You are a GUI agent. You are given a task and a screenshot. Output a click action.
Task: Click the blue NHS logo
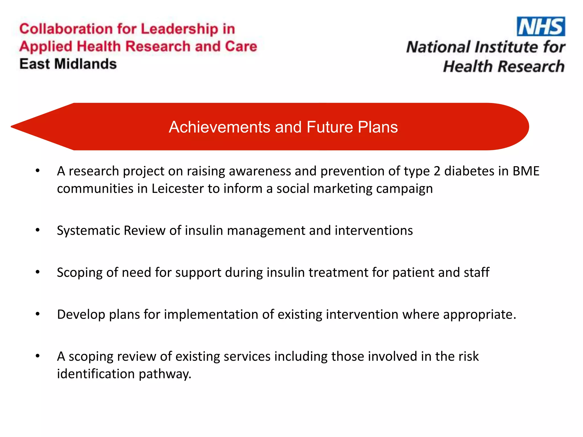pos(541,26)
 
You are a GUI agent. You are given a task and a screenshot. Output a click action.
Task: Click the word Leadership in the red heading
pos(179,29)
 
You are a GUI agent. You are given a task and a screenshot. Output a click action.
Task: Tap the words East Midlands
pos(68,64)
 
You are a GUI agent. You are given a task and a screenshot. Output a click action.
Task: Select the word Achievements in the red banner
pos(219,127)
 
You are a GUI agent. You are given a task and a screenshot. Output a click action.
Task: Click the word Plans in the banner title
pos(378,127)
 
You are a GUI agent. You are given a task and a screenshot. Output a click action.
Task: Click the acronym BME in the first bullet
pos(526,171)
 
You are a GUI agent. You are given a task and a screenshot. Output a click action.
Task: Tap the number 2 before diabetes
pos(437,171)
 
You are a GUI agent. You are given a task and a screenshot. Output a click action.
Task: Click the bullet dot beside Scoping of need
pos(38,272)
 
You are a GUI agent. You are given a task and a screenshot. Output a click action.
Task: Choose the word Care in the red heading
pos(241,46)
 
